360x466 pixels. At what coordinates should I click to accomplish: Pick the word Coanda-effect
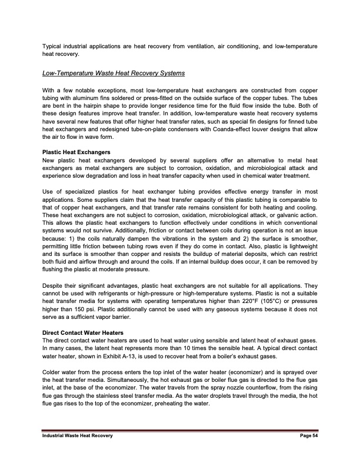[x=219, y=129]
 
